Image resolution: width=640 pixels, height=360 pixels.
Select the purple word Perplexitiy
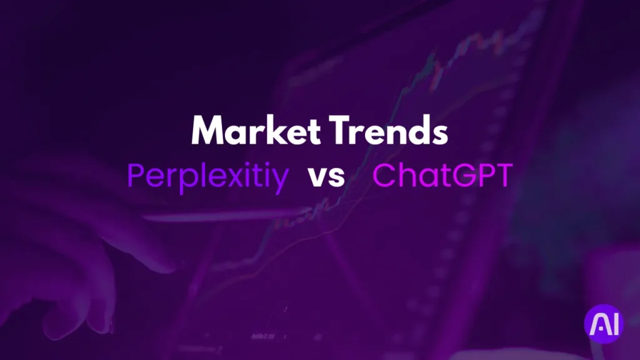point(208,177)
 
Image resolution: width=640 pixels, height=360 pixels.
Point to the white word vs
point(326,177)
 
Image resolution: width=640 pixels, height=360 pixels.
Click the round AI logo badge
point(603,324)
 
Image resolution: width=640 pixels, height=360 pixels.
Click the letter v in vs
point(316,177)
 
